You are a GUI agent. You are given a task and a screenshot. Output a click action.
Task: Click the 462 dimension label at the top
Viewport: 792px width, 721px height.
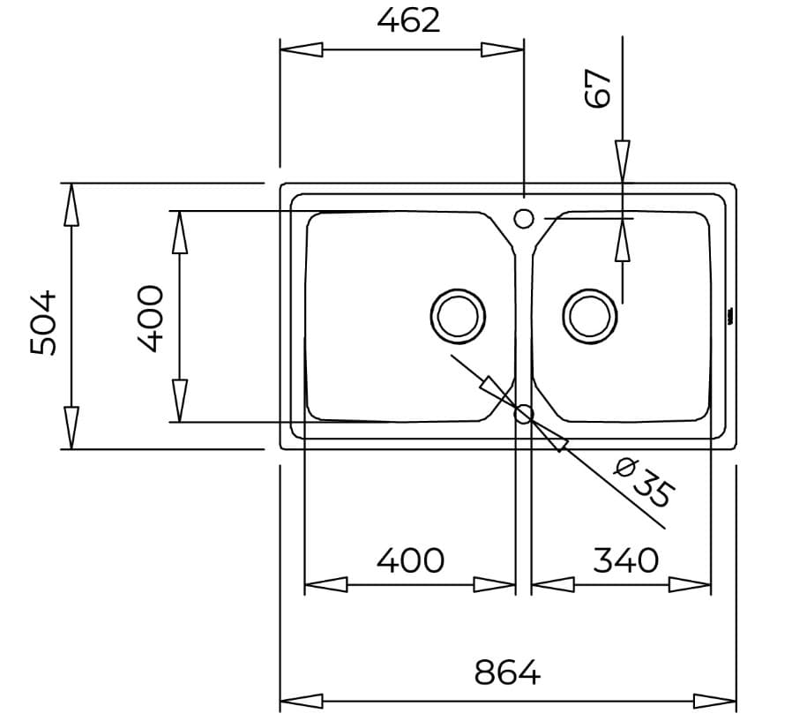point(407,19)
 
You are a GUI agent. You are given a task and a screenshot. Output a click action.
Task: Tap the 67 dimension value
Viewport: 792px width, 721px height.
point(598,88)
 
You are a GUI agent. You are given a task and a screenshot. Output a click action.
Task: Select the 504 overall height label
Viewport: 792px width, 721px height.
point(43,322)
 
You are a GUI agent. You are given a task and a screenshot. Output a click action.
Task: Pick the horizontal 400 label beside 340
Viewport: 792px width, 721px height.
point(410,560)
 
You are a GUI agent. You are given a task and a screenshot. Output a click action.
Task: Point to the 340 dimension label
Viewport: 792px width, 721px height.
point(625,560)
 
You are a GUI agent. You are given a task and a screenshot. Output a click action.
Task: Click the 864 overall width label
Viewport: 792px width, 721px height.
point(507,673)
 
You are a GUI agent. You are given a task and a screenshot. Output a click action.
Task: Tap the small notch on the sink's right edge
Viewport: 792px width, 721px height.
point(729,316)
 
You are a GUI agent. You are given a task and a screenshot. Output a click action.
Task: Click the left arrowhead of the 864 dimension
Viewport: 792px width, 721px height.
point(300,702)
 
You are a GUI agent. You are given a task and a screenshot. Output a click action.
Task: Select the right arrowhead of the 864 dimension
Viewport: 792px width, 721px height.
point(715,702)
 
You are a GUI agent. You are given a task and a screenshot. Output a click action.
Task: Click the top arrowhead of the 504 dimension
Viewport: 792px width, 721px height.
point(71,204)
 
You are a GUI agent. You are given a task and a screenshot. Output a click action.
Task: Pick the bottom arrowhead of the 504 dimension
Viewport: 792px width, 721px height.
point(71,428)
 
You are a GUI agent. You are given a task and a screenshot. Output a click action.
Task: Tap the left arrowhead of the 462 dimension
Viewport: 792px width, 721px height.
point(300,49)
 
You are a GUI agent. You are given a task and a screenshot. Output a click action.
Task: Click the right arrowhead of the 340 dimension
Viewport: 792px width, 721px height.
point(691,584)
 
